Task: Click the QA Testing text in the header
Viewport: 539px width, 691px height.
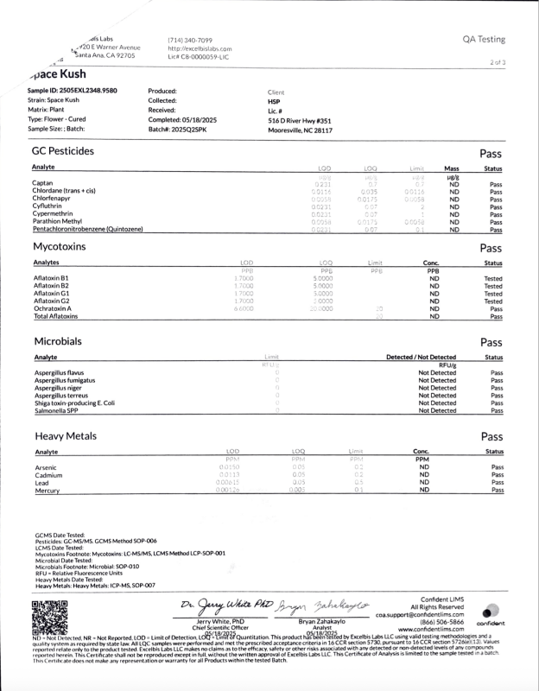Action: click(x=484, y=40)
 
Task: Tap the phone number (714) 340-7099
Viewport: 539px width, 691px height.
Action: click(x=190, y=40)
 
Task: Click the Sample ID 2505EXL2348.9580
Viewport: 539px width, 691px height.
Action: click(x=73, y=91)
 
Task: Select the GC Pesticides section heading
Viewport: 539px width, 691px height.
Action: click(x=63, y=151)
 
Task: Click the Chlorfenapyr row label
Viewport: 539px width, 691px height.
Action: click(x=52, y=200)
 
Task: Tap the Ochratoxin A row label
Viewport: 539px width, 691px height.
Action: click(x=53, y=308)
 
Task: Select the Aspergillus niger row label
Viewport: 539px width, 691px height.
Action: click(x=58, y=388)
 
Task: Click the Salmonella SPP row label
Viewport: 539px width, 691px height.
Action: click(x=56, y=411)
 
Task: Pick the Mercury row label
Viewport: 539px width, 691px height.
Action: click(x=47, y=491)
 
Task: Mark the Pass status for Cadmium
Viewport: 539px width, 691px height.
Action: click(x=496, y=475)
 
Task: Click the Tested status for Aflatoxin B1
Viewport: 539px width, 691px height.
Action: click(x=493, y=277)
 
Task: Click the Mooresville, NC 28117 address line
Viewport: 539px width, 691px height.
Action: click(x=300, y=130)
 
